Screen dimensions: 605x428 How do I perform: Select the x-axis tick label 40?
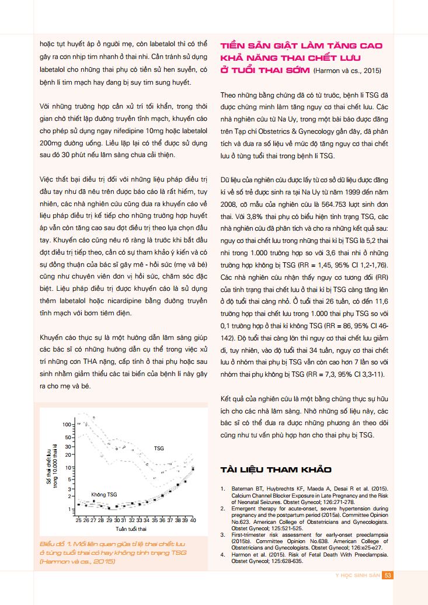pos(193,519)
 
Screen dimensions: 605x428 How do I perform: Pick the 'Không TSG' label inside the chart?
pos(104,495)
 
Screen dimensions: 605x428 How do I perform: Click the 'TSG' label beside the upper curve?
pos(159,448)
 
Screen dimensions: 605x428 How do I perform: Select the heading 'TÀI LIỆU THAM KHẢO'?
pos(276,470)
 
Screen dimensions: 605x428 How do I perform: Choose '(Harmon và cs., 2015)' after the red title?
pos(347,71)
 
